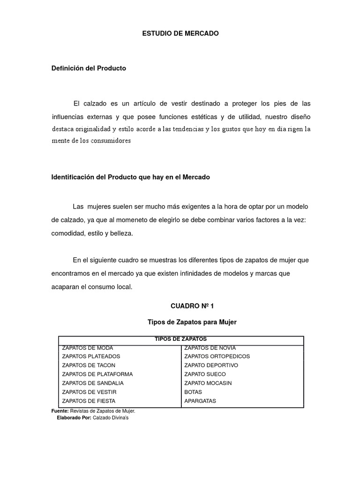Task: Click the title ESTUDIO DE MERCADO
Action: (180, 34)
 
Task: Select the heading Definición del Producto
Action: (89, 68)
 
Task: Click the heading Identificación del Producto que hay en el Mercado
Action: (131, 177)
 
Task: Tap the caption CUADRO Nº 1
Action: (192, 306)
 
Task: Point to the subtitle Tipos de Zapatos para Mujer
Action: (192, 322)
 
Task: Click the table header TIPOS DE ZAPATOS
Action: (181, 339)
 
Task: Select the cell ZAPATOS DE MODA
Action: (88, 348)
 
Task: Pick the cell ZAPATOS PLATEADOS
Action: (91, 356)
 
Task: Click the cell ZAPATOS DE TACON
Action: (89, 365)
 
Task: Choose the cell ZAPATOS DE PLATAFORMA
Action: (97, 374)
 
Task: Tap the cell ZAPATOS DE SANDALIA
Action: (93, 383)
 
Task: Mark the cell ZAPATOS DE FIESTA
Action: (89, 401)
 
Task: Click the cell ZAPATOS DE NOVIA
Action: (210, 348)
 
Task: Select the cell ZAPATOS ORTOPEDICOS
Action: (217, 356)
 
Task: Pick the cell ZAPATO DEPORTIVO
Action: (211, 365)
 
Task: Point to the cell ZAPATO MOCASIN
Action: (208, 383)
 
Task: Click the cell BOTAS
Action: (193, 392)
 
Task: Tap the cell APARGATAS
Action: (200, 401)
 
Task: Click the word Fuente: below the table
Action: (60, 411)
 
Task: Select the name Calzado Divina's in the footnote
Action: (111, 417)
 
